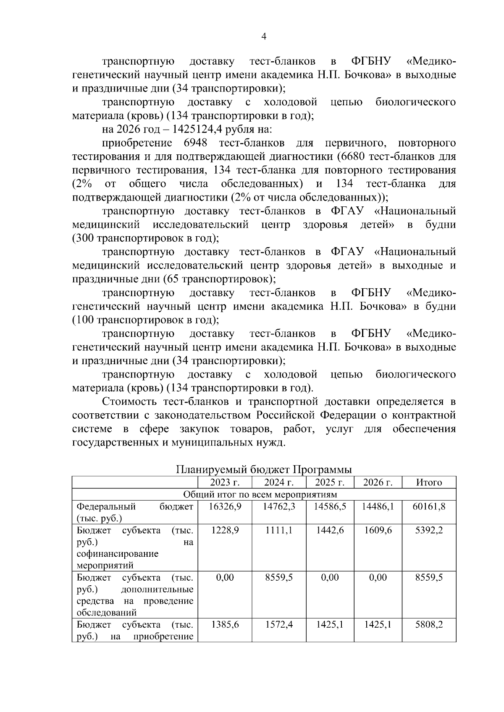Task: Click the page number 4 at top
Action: click(x=264, y=37)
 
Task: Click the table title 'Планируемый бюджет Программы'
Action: click(x=263, y=469)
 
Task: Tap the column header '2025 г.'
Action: click(x=330, y=482)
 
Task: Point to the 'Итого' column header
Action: click(x=429, y=482)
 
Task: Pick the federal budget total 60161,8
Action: click(x=429, y=506)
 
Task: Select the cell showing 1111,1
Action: click(x=279, y=530)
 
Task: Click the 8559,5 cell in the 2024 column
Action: click(x=279, y=578)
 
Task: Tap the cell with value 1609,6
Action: click(x=378, y=530)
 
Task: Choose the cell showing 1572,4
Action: click(x=279, y=625)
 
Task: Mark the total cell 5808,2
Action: click(x=429, y=625)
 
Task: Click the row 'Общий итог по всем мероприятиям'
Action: click(x=263, y=494)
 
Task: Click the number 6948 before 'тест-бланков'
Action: click(x=195, y=143)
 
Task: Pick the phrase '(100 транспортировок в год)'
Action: click(x=145, y=320)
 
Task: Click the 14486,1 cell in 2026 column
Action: click(x=378, y=506)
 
